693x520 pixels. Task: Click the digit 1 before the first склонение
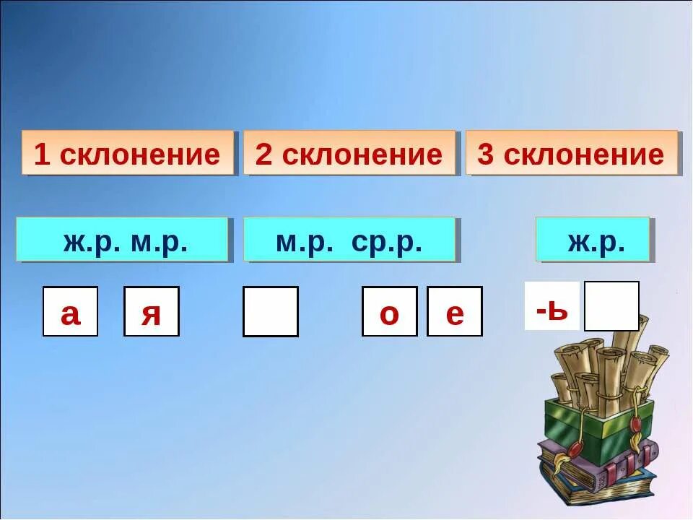(42, 155)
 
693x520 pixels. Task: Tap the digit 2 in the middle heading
(264, 155)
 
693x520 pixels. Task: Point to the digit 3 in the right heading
(486, 155)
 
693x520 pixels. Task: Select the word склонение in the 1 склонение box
(139, 155)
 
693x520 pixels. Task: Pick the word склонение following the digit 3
(583, 155)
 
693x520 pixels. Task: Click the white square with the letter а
(70, 312)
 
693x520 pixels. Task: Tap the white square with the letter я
(151, 312)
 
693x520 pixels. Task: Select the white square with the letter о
(389, 312)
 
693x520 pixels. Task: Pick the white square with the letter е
(454, 312)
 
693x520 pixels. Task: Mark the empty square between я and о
(270, 312)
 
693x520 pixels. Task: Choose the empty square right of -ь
(611, 306)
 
